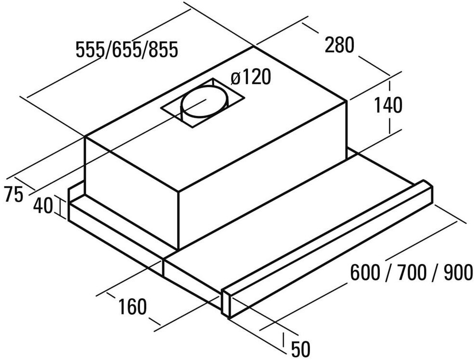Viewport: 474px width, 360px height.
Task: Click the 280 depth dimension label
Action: (x=339, y=45)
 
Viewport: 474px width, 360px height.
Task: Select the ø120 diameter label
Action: (x=251, y=77)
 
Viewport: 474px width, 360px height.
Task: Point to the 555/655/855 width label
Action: (x=127, y=49)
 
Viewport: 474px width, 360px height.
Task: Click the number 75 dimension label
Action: (x=13, y=195)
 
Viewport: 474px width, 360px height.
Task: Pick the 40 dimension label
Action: (x=43, y=206)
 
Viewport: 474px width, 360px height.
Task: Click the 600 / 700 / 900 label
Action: (x=411, y=273)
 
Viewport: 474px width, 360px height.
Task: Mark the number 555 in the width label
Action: (x=91, y=49)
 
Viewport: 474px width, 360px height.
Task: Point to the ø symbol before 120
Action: (x=236, y=78)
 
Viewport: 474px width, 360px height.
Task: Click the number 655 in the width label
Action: (x=127, y=49)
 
